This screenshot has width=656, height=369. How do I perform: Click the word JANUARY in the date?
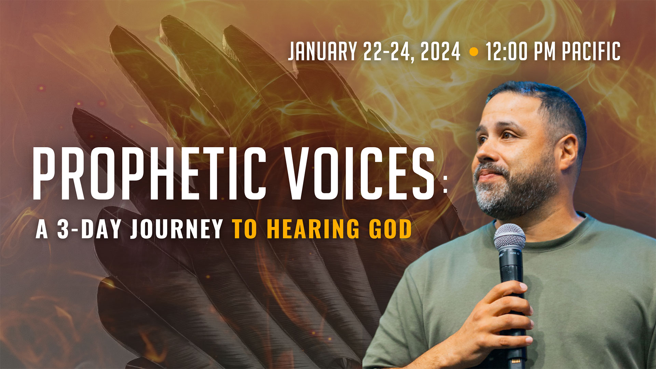tap(323, 51)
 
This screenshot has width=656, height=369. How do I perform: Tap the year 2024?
tap(440, 51)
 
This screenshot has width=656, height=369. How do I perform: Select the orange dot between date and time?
tap(474, 52)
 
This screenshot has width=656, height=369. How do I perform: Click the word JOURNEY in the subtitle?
tap(177, 229)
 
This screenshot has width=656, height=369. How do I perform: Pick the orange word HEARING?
tap(313, 229)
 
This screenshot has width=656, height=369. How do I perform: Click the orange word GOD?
tap(390, 229)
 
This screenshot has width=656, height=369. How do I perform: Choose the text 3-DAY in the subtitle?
tap(89, 229)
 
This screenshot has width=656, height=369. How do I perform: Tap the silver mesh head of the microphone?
tap(509, 237)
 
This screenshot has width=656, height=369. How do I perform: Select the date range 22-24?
tap(389, 51)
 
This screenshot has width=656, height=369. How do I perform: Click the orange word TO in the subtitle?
tap(245, 229)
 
